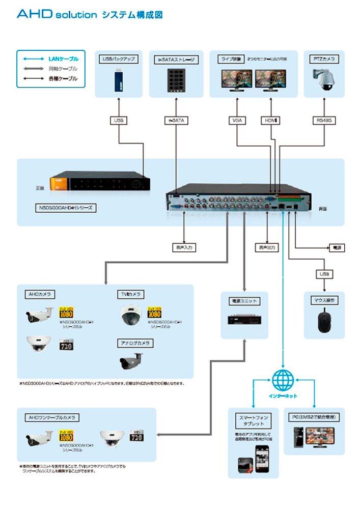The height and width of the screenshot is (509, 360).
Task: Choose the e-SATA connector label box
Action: (x=176, y=121)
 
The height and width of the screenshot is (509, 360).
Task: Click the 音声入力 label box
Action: (x=184, y=248)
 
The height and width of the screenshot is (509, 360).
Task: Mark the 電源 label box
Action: (x=336, y=248)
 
